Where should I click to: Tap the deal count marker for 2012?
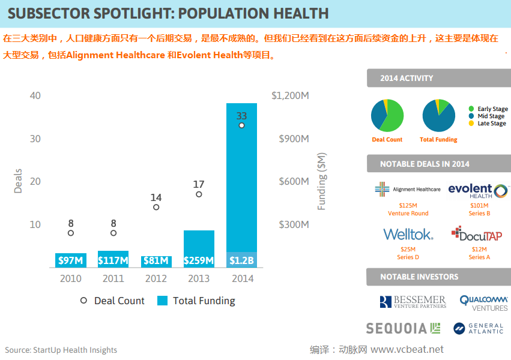[156, 208]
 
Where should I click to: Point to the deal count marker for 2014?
[241, 125]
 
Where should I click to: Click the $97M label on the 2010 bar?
[71, 261]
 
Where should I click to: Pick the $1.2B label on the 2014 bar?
[241, 261]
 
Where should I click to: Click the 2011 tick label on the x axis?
[113, 278]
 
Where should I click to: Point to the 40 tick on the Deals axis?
[35, 95]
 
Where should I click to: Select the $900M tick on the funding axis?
[294, 139]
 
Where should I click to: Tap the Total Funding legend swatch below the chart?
[162, 301]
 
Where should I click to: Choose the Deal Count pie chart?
[387, 115]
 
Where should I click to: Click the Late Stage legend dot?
[471, 124]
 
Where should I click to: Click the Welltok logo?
[408, 234]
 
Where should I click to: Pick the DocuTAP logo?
[477, 234]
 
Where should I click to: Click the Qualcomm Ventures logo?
[484, 302]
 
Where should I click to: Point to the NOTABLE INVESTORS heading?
[419, 277]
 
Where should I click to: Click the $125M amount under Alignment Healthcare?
[408, 206]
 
